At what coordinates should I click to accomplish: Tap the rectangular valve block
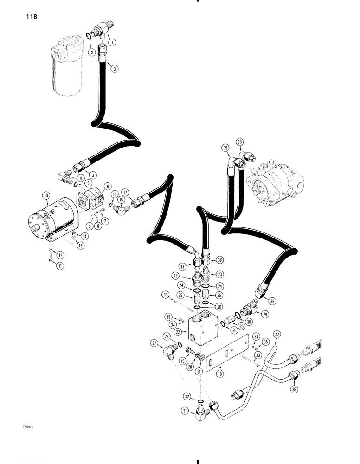point(204,330)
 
